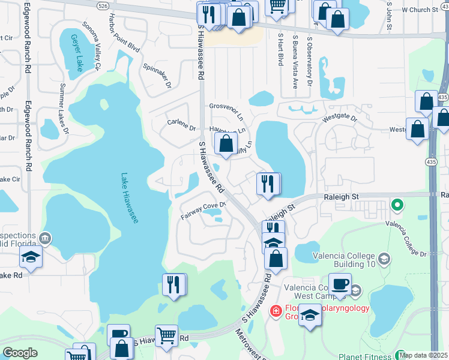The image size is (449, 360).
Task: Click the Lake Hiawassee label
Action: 130,199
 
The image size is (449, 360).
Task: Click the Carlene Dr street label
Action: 182,127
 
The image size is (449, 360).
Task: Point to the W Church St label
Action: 420,10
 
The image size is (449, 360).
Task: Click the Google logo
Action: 20,353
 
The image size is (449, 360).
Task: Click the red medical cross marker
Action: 276,311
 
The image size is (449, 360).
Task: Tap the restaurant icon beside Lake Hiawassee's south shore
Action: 173,284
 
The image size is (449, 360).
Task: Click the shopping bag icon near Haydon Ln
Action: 226,143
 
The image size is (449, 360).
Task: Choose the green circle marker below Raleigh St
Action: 396,206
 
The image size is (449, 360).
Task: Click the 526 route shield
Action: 103,5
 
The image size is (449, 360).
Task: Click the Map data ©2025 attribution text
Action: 423,355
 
